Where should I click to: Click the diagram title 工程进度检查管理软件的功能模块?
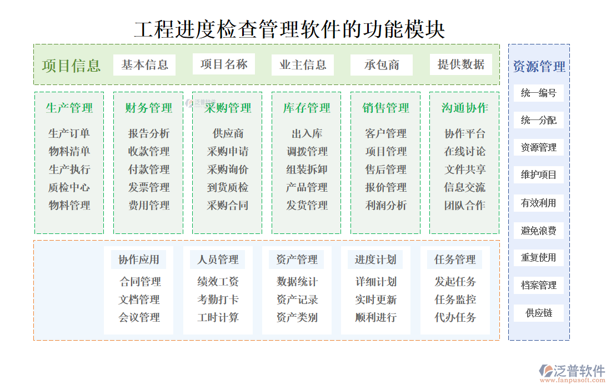pos(289,29)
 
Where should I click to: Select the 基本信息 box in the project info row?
pos(144,65)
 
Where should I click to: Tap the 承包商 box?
pos(382,65)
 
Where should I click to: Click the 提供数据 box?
pos(460,64)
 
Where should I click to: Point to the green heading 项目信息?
pos(71,66)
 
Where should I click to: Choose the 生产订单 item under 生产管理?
pos(69,133)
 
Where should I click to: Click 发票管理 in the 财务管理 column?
pos(149,187)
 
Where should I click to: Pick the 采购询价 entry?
pos(228,169)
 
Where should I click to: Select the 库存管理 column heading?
pos(307,108)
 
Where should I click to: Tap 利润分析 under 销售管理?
pos(385,205)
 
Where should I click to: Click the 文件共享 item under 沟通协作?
pos(465,169)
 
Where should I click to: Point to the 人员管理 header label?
pos(218,260)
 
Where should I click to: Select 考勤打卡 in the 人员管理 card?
pos(218,300)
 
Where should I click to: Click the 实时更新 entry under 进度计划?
pos(376,300)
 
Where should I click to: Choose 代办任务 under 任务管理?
pos(455,317)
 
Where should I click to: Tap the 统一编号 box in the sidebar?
pos(538,93)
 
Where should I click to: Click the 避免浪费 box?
pos(538,231)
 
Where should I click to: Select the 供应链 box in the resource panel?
pos(538,313)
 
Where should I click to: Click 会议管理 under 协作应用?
pos(139,317)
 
